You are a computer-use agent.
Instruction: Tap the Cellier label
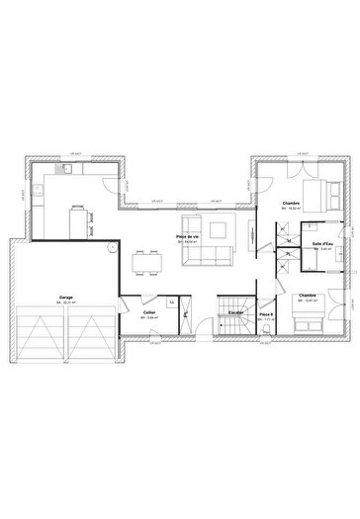[x=148, y=312]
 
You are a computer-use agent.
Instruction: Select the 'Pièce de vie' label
[x=188, y=237]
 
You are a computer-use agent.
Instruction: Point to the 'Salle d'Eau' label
[x=321, y=244]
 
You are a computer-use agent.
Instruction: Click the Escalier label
[x=236, y=312]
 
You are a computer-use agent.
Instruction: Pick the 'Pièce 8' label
[x=265, y=313]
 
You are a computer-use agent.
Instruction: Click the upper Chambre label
[x=293, y=205]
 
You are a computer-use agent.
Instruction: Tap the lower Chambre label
[x=307, y=295]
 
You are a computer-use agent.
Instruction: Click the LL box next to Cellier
[x=171, y=302]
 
